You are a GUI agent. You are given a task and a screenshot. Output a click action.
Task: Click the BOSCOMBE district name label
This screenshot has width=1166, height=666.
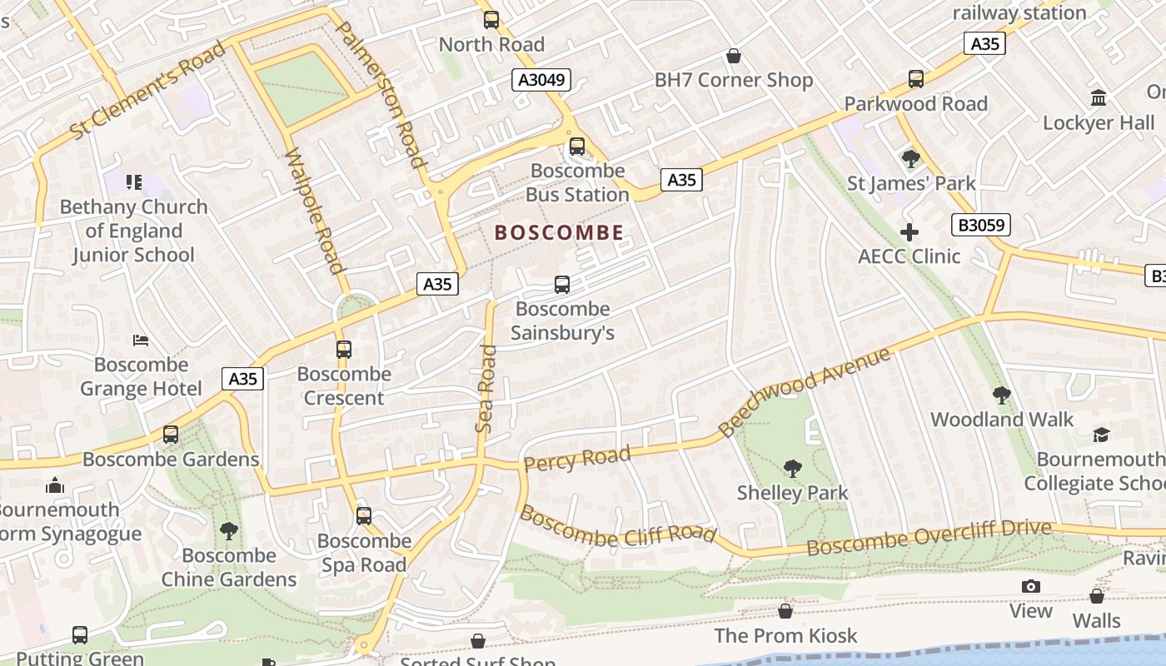[x=559, y=232]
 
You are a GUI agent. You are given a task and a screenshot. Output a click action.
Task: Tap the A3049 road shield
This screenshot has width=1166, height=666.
[x=541, y=80]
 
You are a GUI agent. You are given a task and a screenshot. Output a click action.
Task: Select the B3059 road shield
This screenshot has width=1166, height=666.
[x=981, y=224]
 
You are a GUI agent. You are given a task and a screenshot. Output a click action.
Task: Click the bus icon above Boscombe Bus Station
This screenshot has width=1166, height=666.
[x=577, y=147]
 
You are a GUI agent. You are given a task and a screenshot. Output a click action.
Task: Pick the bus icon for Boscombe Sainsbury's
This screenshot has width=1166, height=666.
[x=562, y=285]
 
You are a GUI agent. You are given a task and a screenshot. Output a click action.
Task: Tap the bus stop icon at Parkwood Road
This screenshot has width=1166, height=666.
[x=916, y=79]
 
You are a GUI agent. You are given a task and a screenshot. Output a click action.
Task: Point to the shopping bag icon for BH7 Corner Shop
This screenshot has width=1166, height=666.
[x=734, y=56]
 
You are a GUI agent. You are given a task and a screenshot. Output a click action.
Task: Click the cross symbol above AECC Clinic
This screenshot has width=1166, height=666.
[x=909, y=232]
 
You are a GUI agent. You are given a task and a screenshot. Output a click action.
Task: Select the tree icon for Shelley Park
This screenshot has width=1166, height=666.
[x=793, y=469]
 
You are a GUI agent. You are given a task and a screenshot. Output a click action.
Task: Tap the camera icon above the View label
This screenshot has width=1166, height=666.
[x=1031, y=587]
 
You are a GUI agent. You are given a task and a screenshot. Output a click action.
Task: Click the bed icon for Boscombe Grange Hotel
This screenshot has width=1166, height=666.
[x=141, y=340]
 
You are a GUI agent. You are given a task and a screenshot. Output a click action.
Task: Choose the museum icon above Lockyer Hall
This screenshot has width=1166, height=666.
[x=1099, y=98]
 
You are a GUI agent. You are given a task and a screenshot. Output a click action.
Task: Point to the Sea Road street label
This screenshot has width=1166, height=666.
[x=486, y=388]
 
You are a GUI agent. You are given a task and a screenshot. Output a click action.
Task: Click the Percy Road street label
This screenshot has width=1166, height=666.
[x=576, y=459]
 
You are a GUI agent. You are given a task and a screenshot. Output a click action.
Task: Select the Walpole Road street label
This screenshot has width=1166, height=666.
[x=314, y=211]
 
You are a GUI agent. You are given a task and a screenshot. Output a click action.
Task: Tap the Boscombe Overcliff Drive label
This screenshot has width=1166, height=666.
[x=929, y=538]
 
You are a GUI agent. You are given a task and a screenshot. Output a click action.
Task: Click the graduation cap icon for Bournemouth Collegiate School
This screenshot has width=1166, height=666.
[x=1101, y=435]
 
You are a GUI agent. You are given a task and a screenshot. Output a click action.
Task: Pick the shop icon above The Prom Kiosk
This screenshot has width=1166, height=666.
[x=785, y=612]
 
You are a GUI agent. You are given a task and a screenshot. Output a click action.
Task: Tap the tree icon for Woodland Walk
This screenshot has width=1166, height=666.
[x=1002, y=395]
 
